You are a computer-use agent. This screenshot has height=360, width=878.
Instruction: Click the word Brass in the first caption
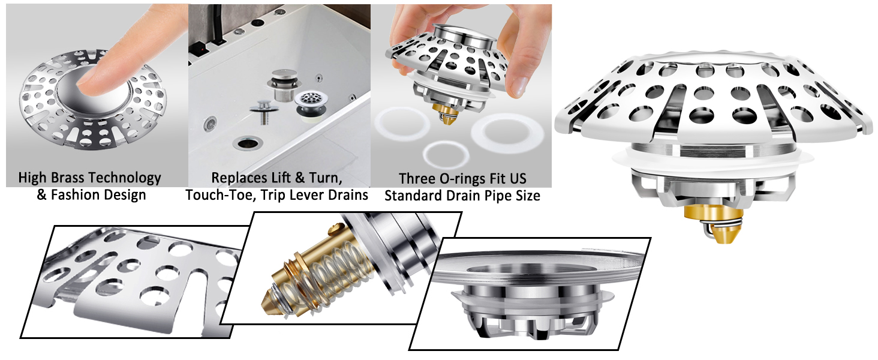click(68, 178)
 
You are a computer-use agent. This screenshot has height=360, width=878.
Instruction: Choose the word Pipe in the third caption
click(493, 195)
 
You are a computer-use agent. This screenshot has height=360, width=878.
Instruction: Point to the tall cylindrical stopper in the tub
click(284, 85)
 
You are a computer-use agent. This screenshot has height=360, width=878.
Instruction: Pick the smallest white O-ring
click(446, 154)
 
